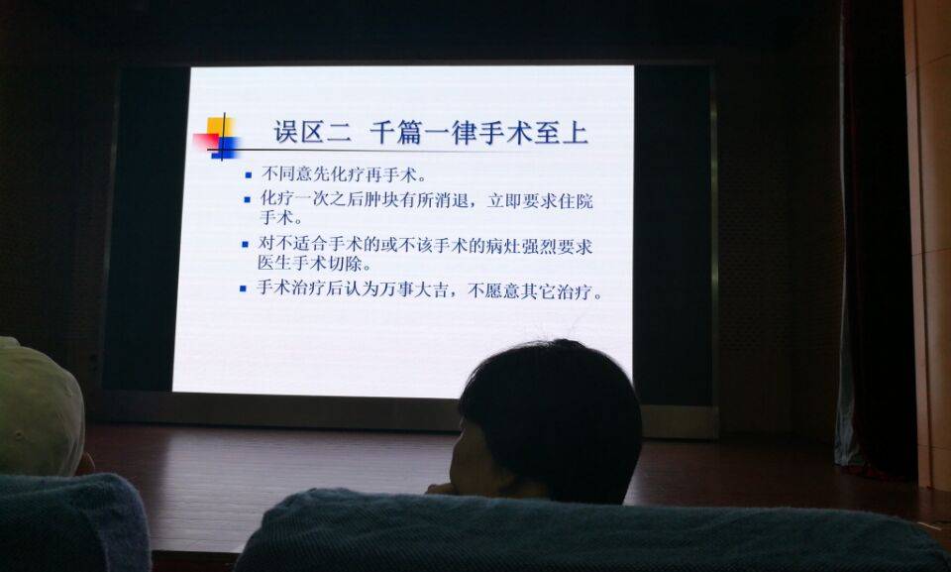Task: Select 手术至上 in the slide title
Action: coord(534,133)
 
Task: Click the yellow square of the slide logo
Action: coord(220,127)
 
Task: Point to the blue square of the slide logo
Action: coord(225,148)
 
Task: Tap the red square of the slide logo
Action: coord(205,142)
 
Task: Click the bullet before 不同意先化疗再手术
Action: coord(248,175)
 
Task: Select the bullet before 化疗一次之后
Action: coord(247,199)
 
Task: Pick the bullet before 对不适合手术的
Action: coord(245,245)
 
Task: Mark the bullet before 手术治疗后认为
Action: coord(243,289)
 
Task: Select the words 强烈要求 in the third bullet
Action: coord(559,246)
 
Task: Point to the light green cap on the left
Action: coord(40,407)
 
